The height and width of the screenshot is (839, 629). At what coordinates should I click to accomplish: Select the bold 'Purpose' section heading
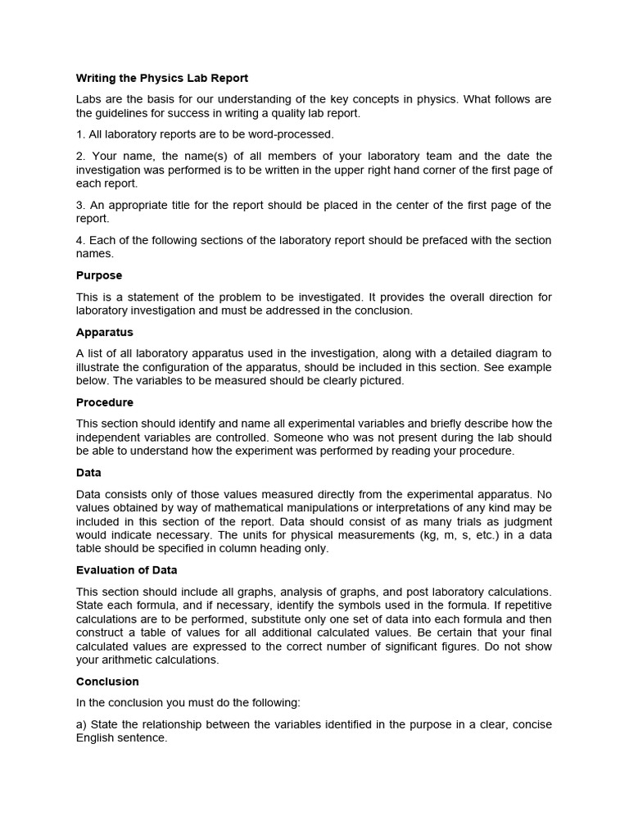[x=99, y=275]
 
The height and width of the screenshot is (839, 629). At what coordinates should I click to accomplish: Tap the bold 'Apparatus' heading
[x=105, y=333]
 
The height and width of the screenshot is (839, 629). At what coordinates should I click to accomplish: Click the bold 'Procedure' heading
[x=105, y=402]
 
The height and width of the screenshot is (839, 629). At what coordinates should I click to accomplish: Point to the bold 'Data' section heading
[x=88, y=473]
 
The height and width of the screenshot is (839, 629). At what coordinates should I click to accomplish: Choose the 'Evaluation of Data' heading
[x=127, y=570]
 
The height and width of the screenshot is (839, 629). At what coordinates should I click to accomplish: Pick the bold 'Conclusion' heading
[x=107, y=681]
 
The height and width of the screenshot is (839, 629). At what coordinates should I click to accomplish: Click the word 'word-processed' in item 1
[x=293, y=134]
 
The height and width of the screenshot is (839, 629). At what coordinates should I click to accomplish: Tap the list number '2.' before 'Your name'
[x=81, y=156]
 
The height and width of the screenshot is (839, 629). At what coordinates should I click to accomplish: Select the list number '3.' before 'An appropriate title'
[x=81, y=205]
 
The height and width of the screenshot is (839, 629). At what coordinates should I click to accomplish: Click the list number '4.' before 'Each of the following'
[x=81, y=240]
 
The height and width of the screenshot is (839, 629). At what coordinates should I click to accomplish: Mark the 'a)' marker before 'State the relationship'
[x=82, y=723]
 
